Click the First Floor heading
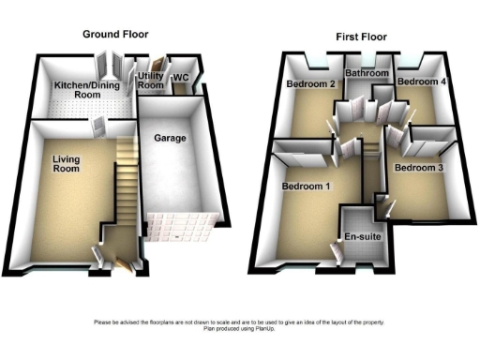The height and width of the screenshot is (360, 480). coord(362,37)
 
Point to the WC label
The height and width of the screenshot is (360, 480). coord(182,78)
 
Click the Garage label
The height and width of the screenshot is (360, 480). coord(169,139)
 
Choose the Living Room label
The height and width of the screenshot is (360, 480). coord(66,164)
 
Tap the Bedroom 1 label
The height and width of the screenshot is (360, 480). coord(307,187)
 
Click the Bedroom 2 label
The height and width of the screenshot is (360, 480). coord(310,83)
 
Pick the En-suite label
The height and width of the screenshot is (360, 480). coord(362,238)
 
